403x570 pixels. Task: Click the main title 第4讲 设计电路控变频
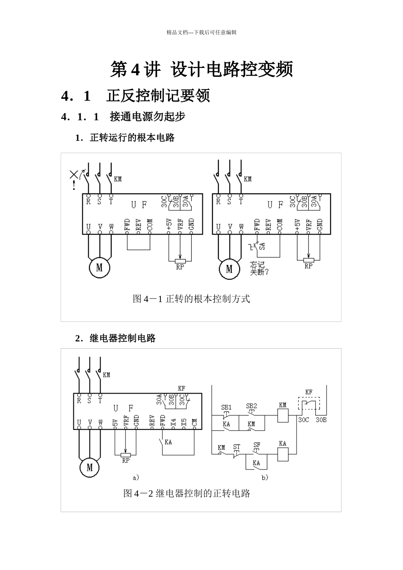tap(201, 70)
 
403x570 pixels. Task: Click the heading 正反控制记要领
tap(158, 96)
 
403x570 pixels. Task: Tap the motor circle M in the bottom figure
tap(90, 467)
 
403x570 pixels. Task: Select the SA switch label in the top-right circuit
tap(262, 246)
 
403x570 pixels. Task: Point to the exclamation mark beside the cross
tap(75, 185)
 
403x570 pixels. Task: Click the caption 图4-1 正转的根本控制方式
tap(191, 299)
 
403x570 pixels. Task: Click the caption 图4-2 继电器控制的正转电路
tap(187, 493)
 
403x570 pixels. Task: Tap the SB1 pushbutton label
tap(226, 407)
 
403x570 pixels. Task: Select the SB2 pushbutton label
tap(251, 406)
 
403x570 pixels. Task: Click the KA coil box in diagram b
tap(283, 455)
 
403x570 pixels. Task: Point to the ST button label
tap(236, 447)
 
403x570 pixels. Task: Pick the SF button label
tap(257, 445)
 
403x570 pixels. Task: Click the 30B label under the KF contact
tap(321, 420)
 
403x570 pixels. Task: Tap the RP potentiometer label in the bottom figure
tap(126, 461)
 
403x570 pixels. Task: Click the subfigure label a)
tap(136, 478)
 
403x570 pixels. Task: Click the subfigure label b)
tap(265, 478)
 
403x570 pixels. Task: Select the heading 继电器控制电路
tap(123, 338)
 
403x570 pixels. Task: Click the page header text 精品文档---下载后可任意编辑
tap(201, 32)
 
